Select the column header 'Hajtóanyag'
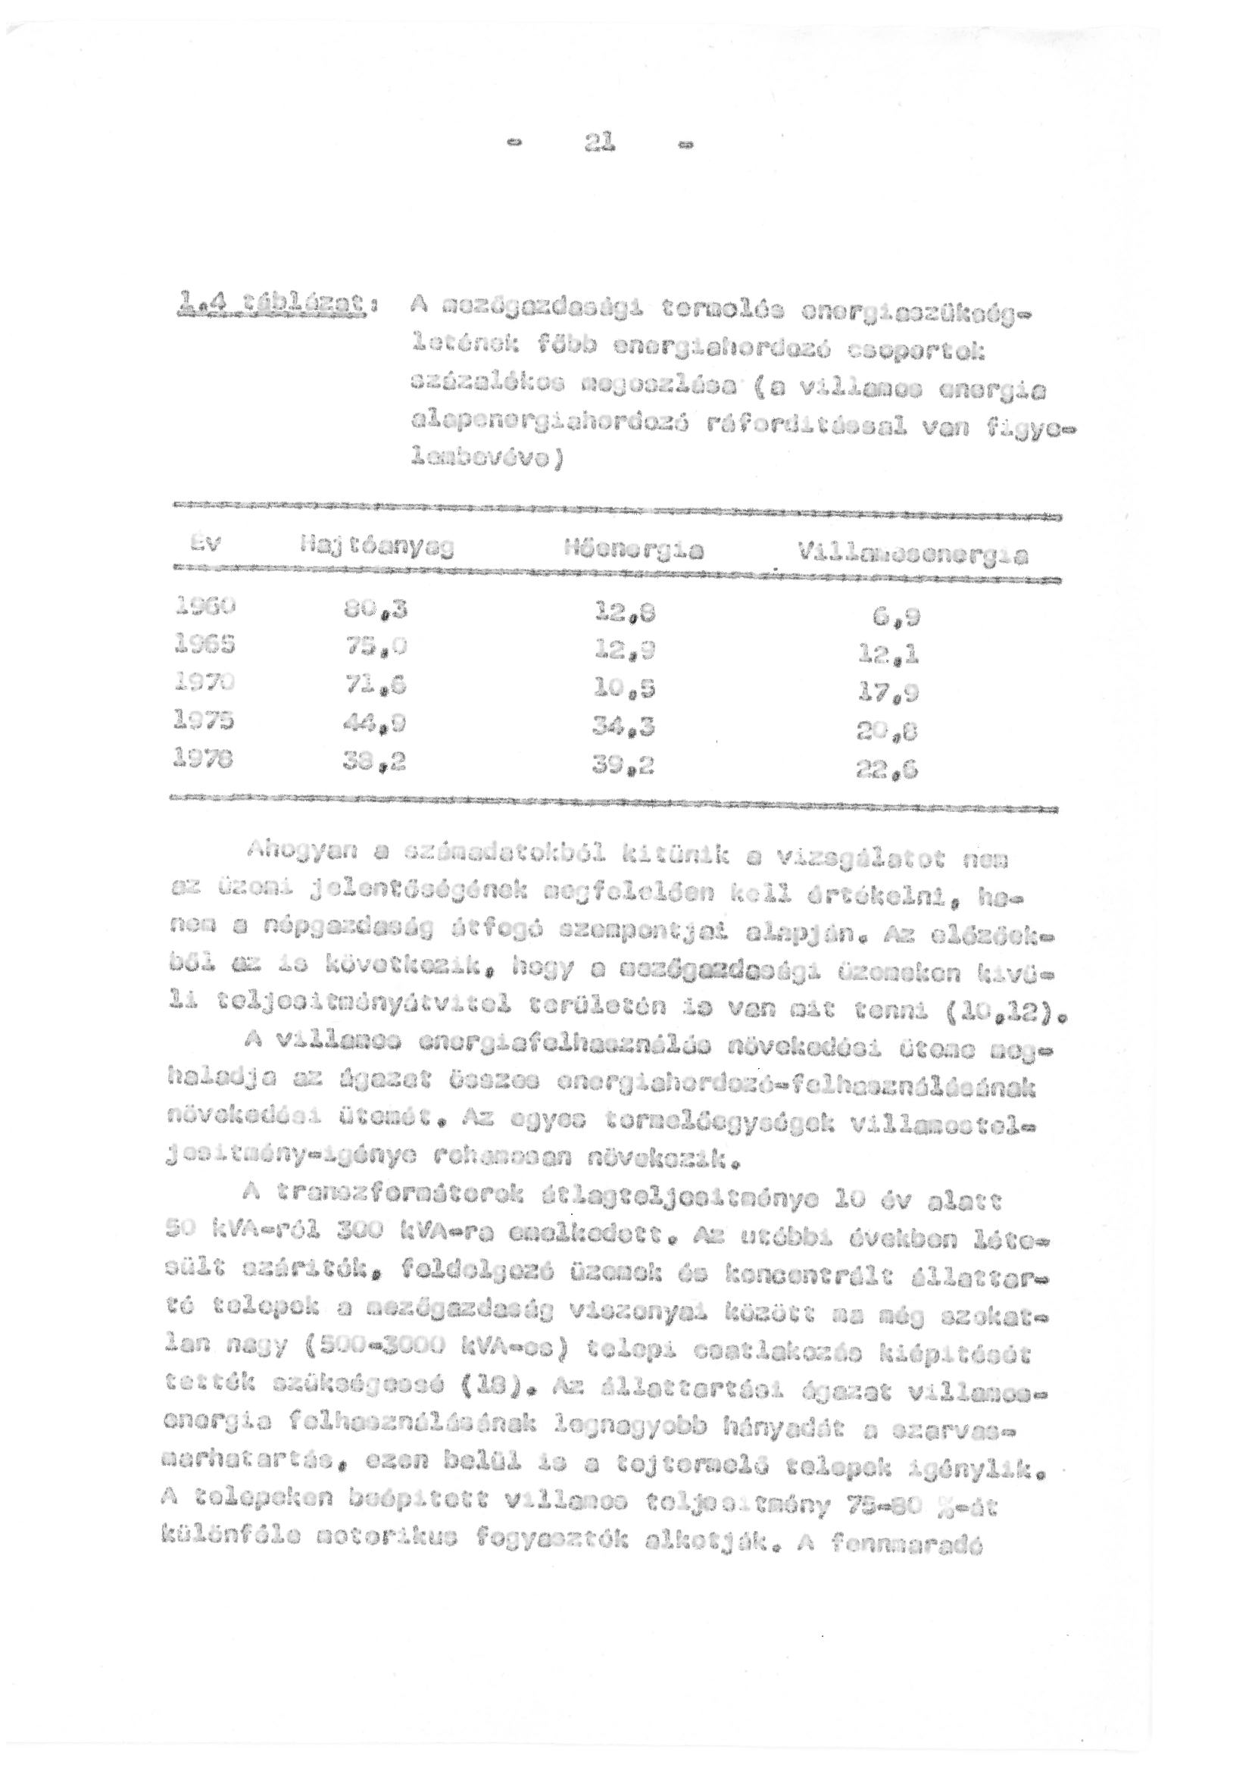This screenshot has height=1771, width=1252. (376, 548)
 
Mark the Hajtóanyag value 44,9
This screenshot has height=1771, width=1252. (375, 725)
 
